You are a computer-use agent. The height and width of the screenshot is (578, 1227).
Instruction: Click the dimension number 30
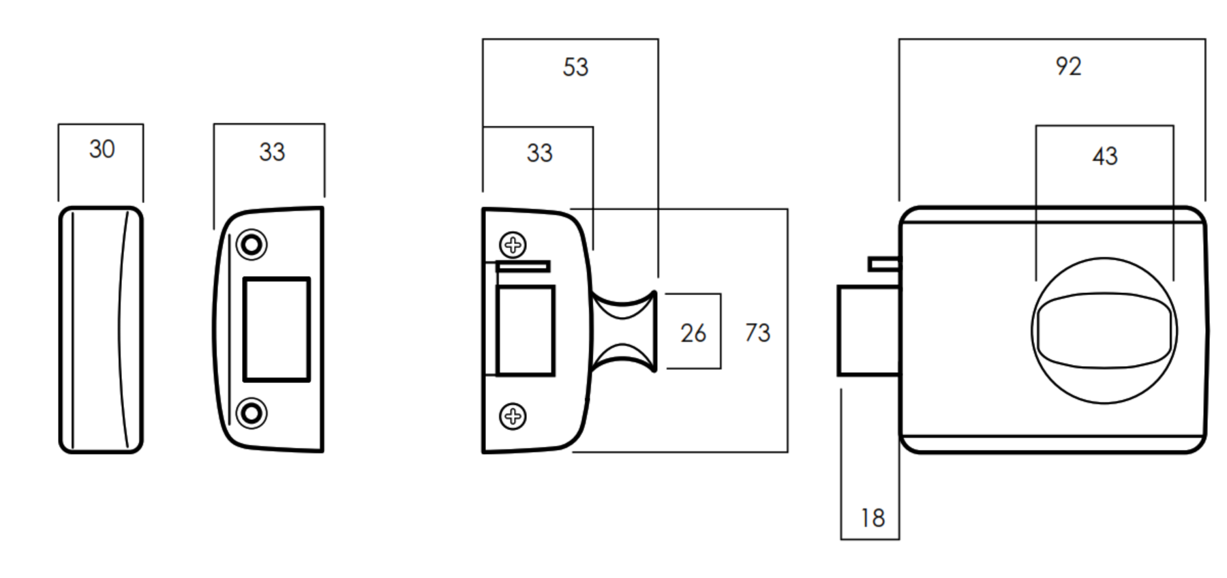(102, 149)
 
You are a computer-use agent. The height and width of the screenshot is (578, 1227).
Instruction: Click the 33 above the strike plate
(271, 152)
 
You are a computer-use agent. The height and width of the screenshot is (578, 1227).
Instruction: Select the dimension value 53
(575, 67)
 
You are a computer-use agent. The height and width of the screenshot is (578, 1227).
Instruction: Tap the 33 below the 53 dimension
(539, 153)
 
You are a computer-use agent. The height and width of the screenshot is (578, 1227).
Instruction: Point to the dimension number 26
(693, 333)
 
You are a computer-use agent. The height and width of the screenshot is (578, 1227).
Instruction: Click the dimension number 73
(757, 333)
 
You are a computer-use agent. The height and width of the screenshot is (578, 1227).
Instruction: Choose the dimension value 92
(1067, 67)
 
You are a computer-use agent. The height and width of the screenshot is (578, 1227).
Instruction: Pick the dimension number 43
(1104, 157)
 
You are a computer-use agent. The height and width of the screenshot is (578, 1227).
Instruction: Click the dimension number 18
(872, 518)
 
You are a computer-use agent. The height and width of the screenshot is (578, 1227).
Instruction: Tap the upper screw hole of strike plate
(252, 244)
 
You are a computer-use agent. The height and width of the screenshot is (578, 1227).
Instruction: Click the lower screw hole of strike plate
(252, 413)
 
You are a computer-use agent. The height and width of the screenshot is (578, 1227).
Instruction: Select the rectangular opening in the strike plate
(277, 329)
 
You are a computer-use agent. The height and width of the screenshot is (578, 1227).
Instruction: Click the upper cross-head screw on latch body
(513, 245)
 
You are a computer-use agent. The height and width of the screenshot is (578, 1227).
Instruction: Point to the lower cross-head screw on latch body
(513, 416)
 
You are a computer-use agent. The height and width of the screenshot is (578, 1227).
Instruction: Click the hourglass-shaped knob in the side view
(624, 331)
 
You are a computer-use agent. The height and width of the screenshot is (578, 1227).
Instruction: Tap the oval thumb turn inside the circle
(1104, 331)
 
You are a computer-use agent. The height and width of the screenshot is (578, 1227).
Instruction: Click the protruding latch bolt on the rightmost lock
(867, 331)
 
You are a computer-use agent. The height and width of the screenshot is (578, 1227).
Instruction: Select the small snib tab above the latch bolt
(883, 264)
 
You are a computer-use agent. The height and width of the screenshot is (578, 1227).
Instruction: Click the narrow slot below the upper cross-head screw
(523, 266)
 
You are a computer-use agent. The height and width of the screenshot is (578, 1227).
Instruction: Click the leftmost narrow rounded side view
(101, 329)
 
